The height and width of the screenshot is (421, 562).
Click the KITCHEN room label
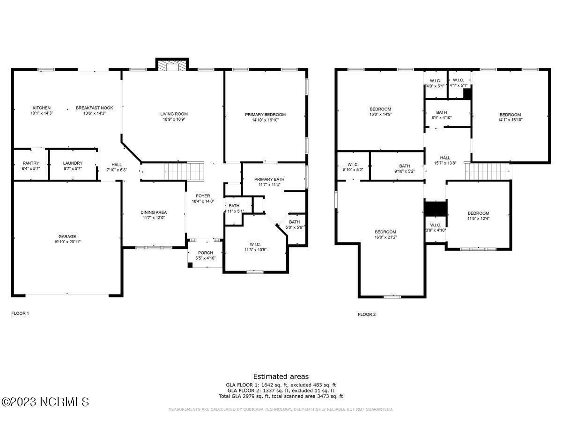[42, 108]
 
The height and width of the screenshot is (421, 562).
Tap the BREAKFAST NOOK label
[91, 108]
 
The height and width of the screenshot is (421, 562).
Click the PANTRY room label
[31, 163]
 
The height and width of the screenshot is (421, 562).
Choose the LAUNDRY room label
[73, 163]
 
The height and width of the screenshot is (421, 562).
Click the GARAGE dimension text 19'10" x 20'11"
[67, 242]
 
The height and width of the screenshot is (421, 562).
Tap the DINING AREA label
[154, 212]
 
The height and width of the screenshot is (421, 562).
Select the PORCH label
[205, 253]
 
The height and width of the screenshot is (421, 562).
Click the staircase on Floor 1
[184, 171]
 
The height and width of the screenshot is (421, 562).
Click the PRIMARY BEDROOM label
[265, 115]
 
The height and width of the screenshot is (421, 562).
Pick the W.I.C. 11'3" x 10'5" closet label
[255, 244]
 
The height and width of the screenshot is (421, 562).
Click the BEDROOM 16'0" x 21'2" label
[385, 232]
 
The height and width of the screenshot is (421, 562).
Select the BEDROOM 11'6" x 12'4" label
[478, 213]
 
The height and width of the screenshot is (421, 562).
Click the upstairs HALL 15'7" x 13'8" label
[445, 158]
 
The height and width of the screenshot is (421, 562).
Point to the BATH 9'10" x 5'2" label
[405, 166]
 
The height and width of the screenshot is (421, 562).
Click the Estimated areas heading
[281, 376]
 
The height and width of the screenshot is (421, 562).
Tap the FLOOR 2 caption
[367, 314]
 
